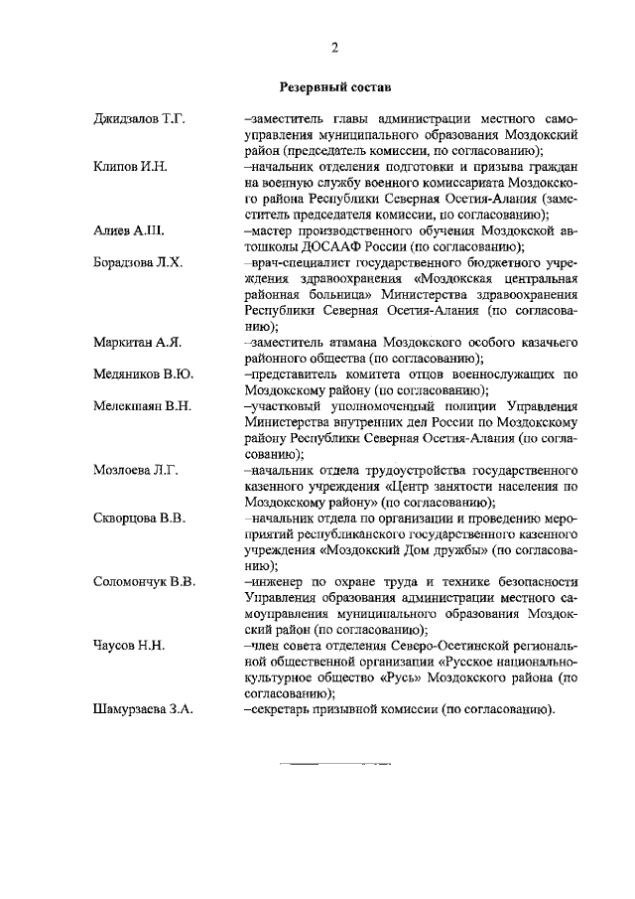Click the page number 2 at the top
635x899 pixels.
(x=335, y=48)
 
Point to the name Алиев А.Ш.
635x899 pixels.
(x=128, y=229)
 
